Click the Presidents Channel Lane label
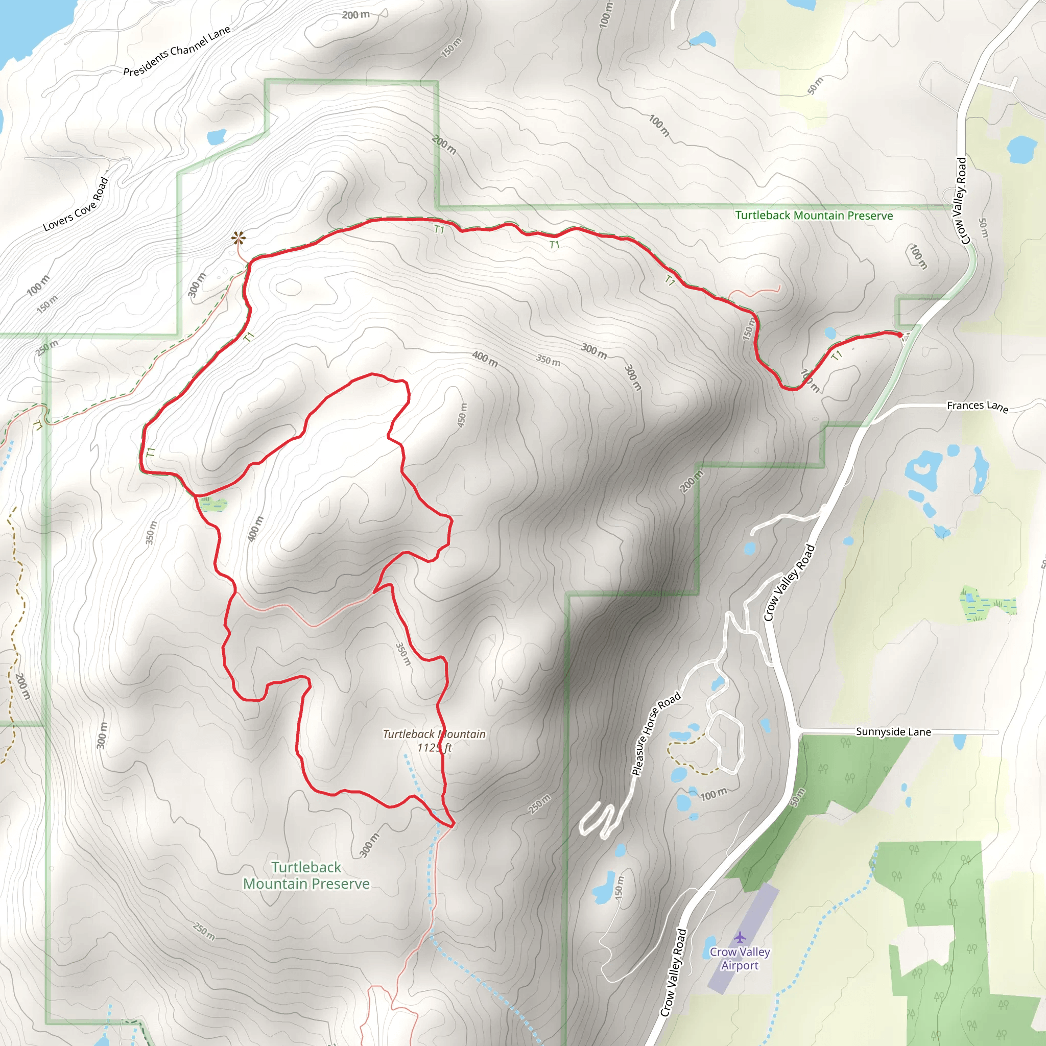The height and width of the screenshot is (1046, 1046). (x=177, y=51)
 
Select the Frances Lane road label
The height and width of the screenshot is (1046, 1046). (x=977, y=406)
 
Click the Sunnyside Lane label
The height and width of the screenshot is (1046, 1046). (x=893, y=732)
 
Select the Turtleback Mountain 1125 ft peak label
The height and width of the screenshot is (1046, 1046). (x=434, y=741)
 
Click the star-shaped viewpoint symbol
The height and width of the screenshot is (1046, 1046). (x=238, y=237)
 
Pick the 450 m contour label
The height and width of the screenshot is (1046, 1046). (x=462, y=415)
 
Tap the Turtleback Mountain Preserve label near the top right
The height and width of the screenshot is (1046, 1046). (x=814, y=216)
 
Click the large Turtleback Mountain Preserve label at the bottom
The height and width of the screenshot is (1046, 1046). (x=306, y=875)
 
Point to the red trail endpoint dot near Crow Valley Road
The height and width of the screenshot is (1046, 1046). (x=900, y=335)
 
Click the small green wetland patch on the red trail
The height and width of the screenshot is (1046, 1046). (x=212, y=504)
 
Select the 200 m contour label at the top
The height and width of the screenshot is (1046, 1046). (x=355, y=15)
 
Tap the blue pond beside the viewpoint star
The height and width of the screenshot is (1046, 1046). (x=217, y=136)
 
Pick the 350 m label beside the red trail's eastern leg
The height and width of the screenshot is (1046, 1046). (x=403, y=654)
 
